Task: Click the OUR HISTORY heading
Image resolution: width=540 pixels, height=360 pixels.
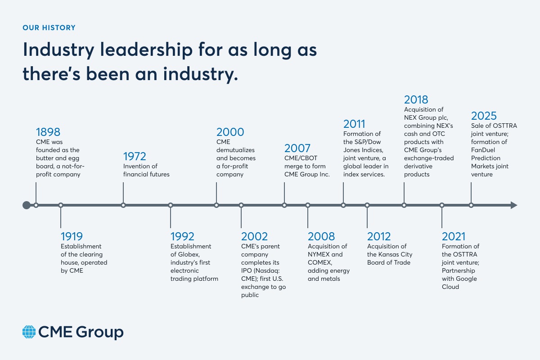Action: (x=49, y=28)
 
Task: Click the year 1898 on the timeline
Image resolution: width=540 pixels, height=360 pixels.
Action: (x=48, y=132)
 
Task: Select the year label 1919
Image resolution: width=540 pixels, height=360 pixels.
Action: (x=72, y=236)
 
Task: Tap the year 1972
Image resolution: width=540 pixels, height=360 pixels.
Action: (x=135, y=157)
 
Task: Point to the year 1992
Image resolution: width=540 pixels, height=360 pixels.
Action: (x=182, y=236)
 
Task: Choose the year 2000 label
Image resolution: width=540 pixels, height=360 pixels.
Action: (x=230, y=132)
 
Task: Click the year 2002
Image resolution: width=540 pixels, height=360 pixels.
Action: (x=254, y=236)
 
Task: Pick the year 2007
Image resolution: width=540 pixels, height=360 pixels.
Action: (x=298, y=148)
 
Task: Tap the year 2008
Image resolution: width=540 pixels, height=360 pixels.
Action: (x=321, y=236)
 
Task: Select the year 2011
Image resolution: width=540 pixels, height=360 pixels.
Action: (x=354, y=124)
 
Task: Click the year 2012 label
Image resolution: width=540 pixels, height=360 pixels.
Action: (x=379, y=236)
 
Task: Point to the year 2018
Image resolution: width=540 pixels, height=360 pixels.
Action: (x=416, y=99)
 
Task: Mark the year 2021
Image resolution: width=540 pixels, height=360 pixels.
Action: (x=454, y=236)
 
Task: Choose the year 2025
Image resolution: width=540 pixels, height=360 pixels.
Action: (x=484, y=116)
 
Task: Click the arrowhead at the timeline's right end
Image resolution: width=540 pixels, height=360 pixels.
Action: (x=513, y=205)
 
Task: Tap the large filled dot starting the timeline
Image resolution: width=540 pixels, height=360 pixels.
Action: (x=27, y=205)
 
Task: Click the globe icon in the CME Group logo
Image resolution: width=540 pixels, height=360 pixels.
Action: (x=29, y=332)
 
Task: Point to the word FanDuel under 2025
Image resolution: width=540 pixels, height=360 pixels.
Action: (x=483, y=150)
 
